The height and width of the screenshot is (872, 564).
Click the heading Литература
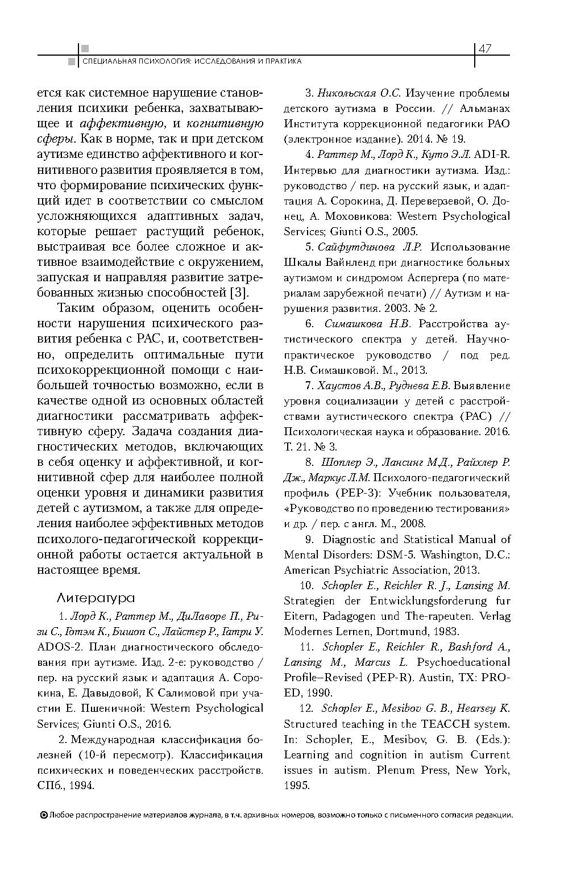[96, 598]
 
